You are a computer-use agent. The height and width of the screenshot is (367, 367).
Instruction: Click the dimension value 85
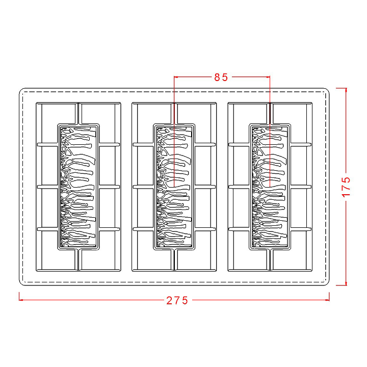[221, 77]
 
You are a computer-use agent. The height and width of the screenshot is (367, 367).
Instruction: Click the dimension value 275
[177, 300]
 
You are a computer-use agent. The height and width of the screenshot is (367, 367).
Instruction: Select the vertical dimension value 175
[347, 187]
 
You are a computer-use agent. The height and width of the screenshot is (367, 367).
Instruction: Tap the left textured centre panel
[78, 187]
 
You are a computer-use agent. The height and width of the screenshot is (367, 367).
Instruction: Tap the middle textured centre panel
[174, 187]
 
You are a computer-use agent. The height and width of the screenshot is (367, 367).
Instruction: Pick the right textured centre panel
[270, 187]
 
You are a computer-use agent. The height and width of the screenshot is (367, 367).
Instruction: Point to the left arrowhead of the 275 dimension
[21, 300]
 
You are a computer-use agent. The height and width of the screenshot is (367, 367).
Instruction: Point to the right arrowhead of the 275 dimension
[328, 300]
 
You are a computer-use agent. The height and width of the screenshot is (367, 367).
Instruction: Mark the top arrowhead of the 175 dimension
[346, 90]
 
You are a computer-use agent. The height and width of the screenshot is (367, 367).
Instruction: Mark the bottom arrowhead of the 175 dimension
[346, 283]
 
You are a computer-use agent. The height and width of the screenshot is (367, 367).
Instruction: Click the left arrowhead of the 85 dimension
[176, 77]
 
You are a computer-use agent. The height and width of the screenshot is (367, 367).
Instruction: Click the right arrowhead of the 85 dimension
[268, 77]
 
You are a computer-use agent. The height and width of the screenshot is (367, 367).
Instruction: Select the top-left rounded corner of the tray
[22, 91]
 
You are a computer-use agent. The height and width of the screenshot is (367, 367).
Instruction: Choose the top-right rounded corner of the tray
[327, 91]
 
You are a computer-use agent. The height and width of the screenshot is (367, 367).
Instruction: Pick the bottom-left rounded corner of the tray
[22, 282]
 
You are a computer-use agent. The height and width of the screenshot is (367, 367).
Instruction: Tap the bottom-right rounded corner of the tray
[327, 282]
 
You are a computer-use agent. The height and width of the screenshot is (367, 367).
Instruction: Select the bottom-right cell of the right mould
[291, 259]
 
